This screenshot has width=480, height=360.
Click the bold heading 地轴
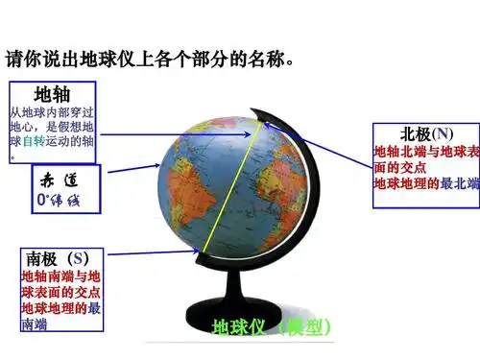point(54,94)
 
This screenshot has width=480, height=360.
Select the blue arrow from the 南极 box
point(154,253)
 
